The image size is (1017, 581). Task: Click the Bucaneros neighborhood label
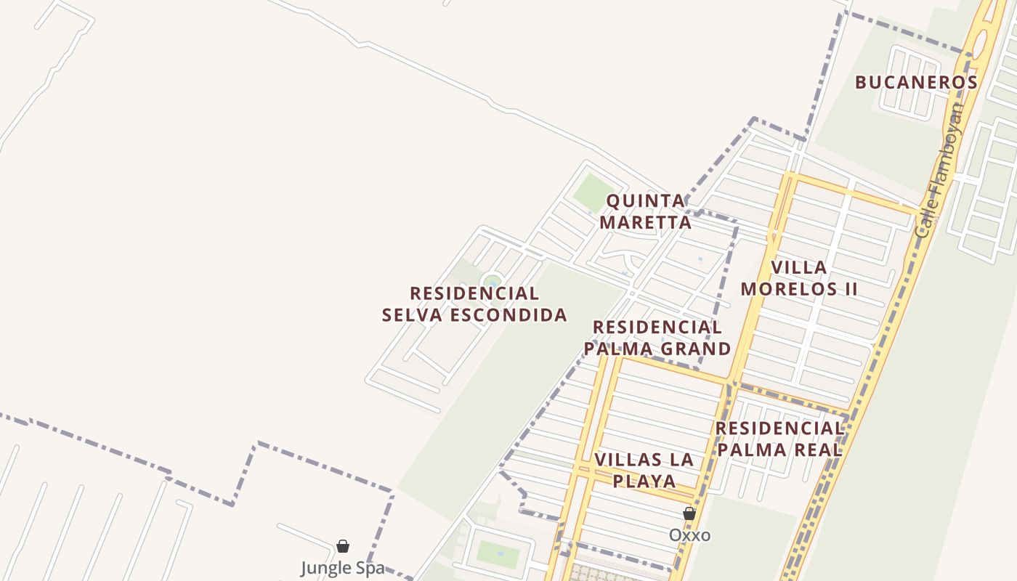916,82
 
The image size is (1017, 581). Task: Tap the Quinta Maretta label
646,211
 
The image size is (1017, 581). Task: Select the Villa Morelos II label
799,278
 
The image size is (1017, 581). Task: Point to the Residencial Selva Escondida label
474,304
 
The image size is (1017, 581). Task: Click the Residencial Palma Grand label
657,338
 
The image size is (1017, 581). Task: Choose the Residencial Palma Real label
779,439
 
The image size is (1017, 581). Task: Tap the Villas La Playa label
644,470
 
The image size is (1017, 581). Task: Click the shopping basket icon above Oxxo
689,513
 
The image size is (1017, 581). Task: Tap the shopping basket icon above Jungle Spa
343,545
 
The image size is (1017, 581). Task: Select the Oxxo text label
689,535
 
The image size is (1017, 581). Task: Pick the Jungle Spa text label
343,567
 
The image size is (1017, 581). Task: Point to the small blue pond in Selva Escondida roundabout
493,283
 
